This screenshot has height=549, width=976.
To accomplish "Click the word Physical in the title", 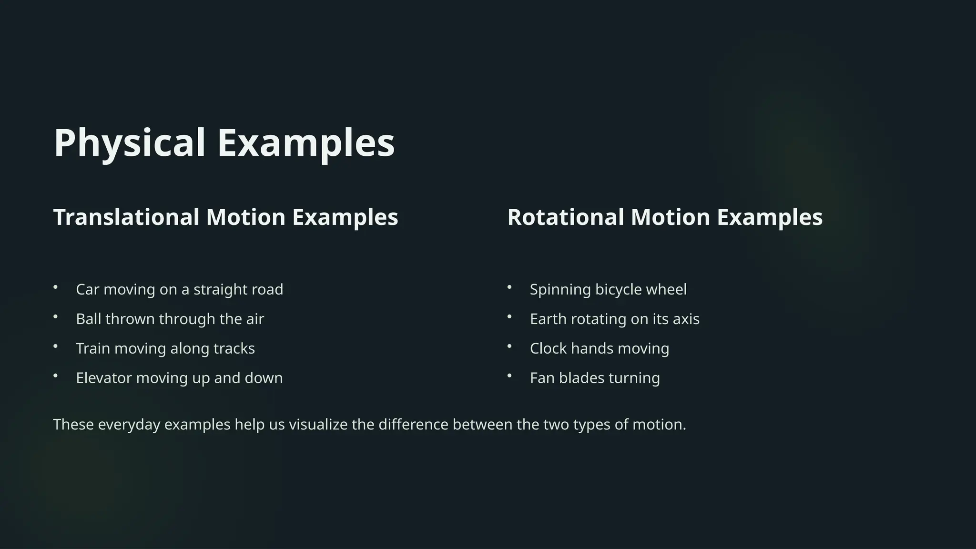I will tap(129, 143).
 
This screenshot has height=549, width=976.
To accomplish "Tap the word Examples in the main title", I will tap(306, 143).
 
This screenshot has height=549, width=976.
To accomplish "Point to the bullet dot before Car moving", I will tap(56, 287).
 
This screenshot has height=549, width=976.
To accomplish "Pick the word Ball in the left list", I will tap(89, 319).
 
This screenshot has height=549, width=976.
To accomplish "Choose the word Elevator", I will tap(104, 378).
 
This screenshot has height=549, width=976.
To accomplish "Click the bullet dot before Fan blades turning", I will tap(509, 376).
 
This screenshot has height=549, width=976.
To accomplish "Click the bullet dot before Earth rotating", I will tap(509, 316).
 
